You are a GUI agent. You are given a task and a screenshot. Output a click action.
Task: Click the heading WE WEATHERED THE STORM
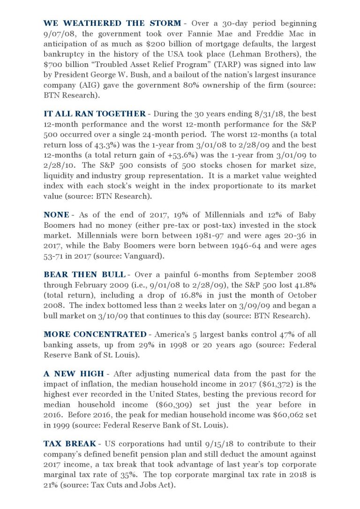(112, 23)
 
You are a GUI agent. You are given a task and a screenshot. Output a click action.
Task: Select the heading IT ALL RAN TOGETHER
(94, 113)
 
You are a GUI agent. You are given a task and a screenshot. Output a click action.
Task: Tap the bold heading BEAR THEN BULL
(84, 274)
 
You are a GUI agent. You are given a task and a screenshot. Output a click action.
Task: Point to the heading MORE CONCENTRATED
(95, 334)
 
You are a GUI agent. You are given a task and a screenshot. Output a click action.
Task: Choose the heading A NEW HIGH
(73, 374)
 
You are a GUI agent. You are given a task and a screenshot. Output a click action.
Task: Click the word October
(298, 295)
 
